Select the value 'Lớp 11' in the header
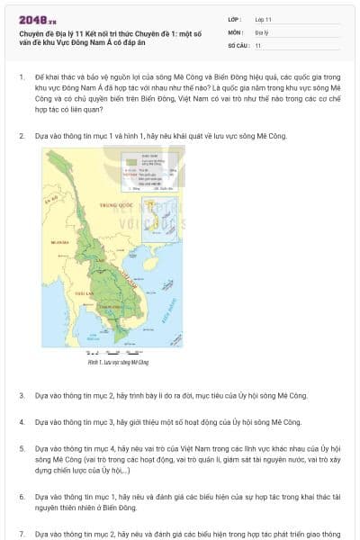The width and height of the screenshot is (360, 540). click(264, 19)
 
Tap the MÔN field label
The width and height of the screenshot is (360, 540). click(235, 31)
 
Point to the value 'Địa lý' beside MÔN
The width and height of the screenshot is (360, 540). click(262, 31)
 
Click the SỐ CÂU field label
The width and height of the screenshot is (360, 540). click(238, 44)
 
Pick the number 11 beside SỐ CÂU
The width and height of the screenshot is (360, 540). click(258, 44)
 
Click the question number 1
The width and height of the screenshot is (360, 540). click(22, 77)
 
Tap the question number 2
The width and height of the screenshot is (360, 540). click(22, 136)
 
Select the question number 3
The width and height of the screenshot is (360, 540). click(22, 395)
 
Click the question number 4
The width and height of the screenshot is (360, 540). click(22, 421)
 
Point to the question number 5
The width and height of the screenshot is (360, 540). click(22, 447)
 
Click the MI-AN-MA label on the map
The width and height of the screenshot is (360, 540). click(61, 243)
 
